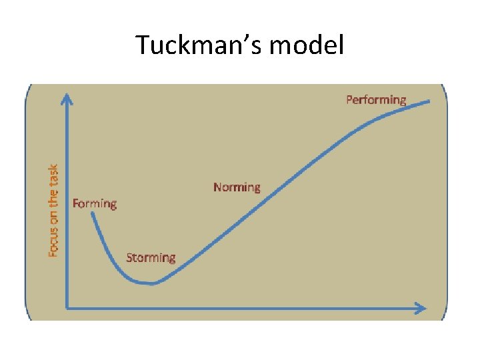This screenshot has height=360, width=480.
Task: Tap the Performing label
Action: [376, 100]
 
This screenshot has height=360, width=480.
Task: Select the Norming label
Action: [237, 187]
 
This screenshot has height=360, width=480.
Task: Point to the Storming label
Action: [151, 258]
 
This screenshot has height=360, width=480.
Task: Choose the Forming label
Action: [95, 203]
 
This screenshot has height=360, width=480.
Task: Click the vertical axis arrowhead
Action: [67, 99]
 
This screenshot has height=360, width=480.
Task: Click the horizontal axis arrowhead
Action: [421, 307]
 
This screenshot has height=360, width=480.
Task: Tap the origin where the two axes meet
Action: [67, 307]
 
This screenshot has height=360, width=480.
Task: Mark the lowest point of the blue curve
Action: [152, 283]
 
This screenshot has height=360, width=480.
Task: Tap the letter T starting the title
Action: [143, 45]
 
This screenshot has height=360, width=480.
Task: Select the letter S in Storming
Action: [130, 258]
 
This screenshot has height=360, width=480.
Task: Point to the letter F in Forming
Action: [76, 203]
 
